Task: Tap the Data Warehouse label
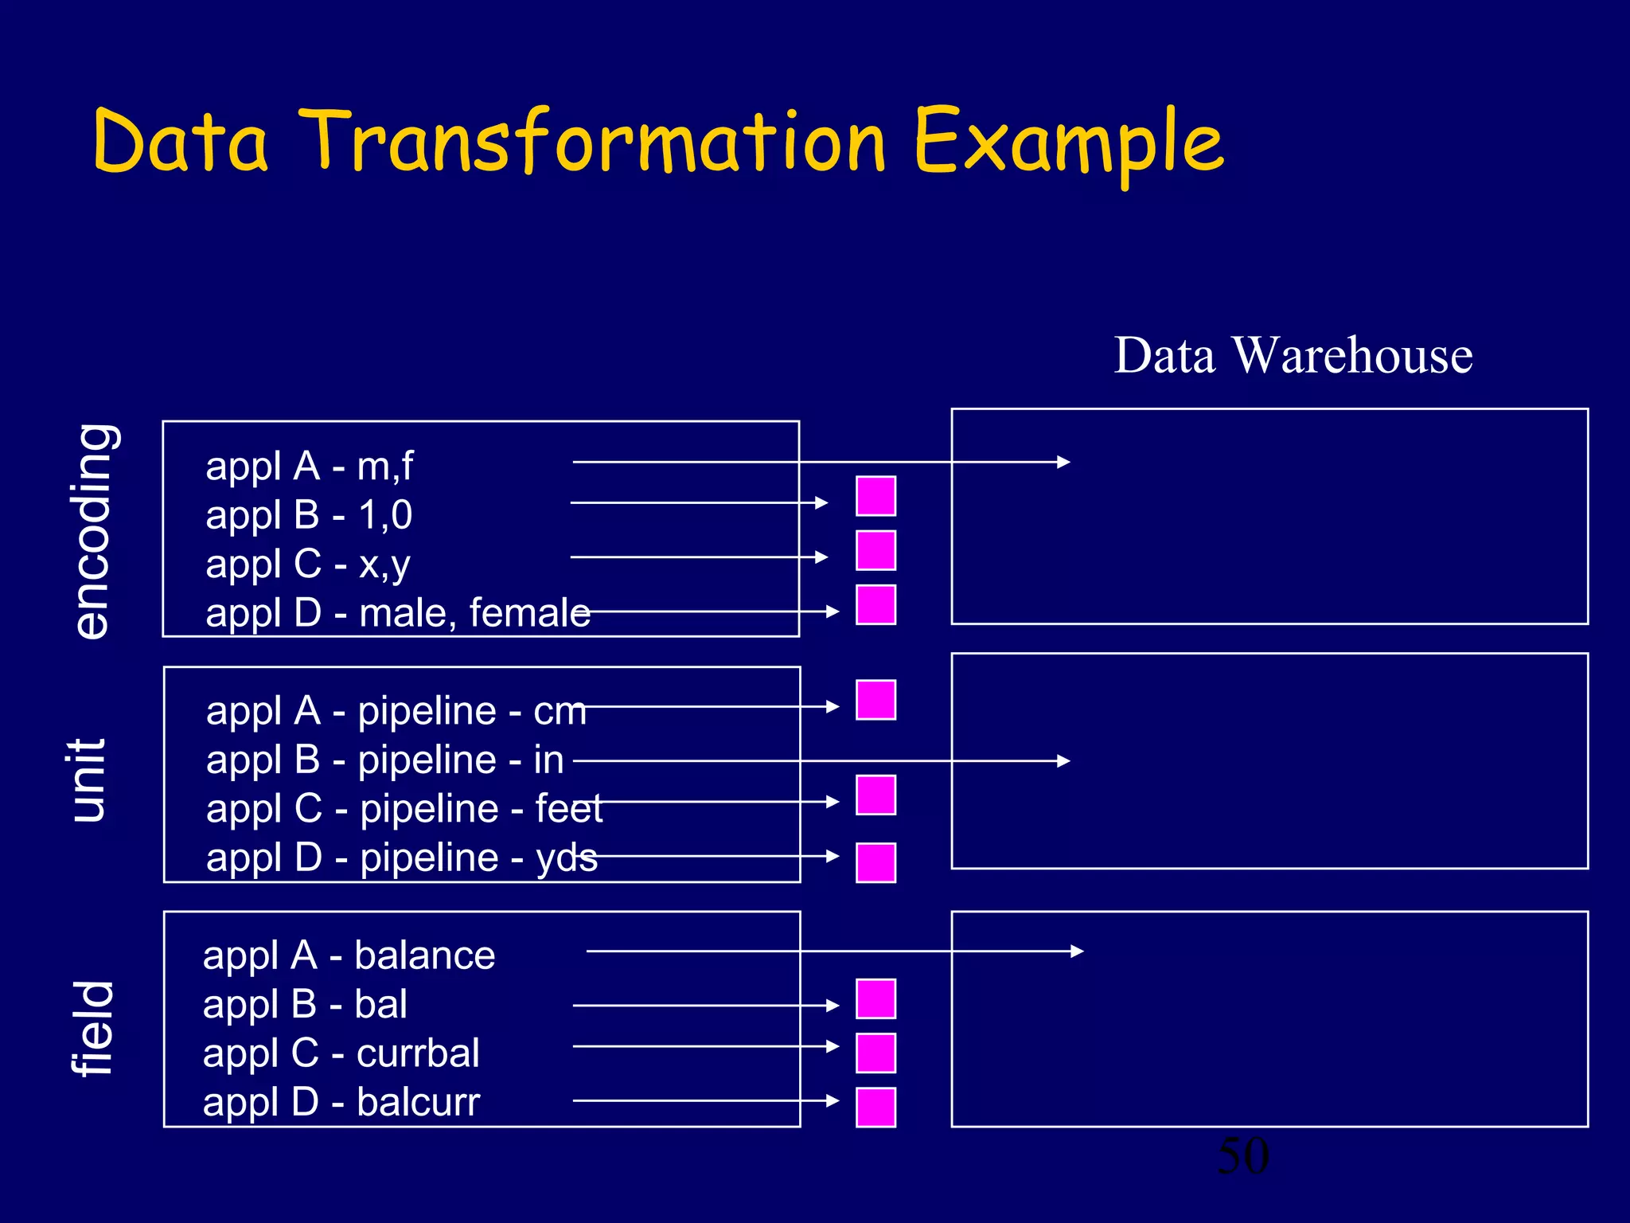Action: click(1293, 355)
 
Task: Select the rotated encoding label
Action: click(94, 531)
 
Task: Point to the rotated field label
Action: click(93, 1028)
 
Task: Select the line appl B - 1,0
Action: click(309, 515)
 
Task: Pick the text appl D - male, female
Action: click(397, 613)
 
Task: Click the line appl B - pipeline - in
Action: click(384, 760)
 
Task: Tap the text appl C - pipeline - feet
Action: click(404, 809)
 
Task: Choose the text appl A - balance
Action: click(349, 955)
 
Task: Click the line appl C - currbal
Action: click(341, 1053)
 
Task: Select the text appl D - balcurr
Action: click(341, 1102)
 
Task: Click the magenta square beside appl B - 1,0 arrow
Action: click(875, 496)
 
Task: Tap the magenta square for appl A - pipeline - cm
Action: click(875, 700)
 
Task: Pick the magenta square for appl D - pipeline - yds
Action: click(875, 862)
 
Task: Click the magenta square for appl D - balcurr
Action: click(875, 1107)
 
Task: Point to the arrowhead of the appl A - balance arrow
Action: click(1078, 951)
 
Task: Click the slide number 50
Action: click(1242, 1156)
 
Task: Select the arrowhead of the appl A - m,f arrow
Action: click(1064, 462)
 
